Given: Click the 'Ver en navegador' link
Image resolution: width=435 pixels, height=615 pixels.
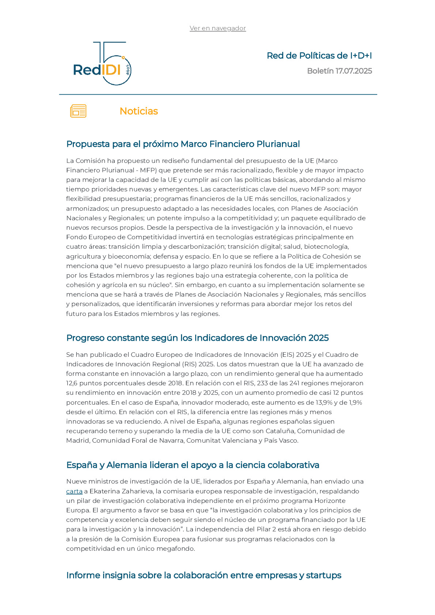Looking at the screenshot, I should [217, 28].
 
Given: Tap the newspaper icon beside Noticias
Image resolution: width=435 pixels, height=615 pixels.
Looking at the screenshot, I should [78, 111].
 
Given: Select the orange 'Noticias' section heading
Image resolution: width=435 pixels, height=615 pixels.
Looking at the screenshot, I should [139, 111].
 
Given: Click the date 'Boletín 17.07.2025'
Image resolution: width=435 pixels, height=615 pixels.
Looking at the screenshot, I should [339, 71].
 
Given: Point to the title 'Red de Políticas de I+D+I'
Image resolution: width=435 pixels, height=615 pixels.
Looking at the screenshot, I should [319, 56].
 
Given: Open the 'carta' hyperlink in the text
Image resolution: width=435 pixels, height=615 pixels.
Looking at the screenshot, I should [74, 491].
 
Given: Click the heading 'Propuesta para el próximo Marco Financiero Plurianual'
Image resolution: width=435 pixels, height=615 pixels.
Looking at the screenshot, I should [183, 144].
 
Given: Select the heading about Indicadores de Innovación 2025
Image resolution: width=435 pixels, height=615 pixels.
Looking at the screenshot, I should [197, 338].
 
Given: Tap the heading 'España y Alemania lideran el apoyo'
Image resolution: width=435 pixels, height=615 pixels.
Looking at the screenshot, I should [193, 465].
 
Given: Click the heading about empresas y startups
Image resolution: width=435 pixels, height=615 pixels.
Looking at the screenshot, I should [204, 575].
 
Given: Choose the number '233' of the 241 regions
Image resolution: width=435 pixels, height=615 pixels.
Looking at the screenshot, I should [262, 383].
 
